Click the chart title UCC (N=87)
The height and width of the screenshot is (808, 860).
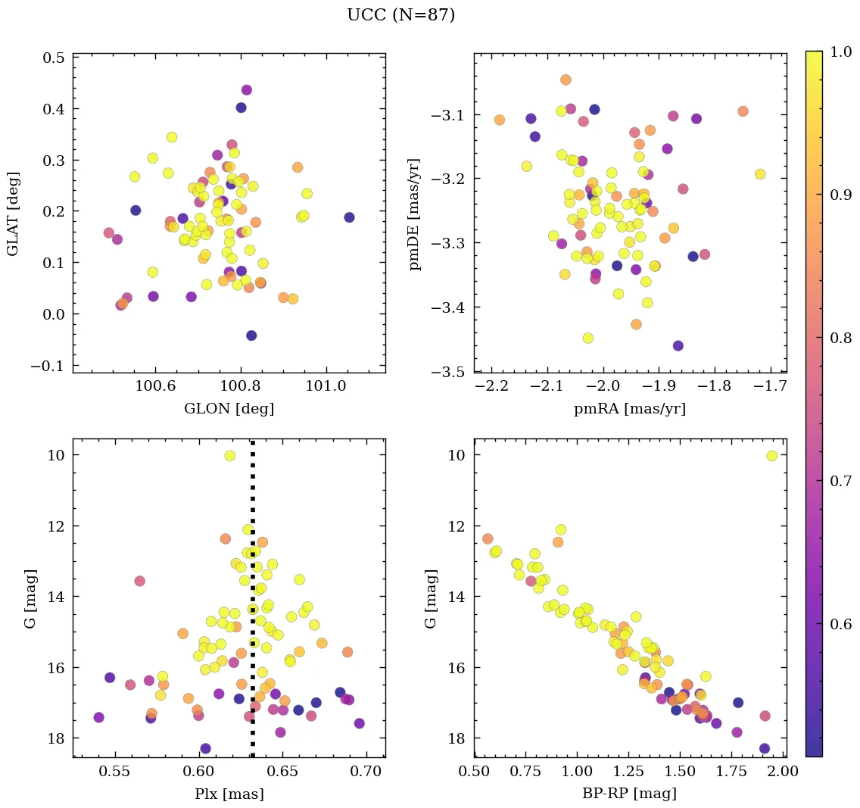pyautogui.click(x=400, y=15)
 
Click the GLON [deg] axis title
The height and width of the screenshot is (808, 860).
pyautogui.click(x=229, y=409)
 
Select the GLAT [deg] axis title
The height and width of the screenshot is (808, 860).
pyautogui.click(x=14, y=214)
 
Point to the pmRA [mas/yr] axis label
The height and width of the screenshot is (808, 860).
pyautogui.click(x=630, y=409)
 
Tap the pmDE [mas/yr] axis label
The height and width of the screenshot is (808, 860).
pyautogui.click(x=415, y=214)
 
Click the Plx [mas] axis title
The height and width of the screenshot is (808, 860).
pyautogui.click(x=229, y=794)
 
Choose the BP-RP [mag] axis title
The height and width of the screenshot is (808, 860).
pyautogui.click(x=630, y=794)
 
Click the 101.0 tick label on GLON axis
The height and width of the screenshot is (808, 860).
pyautogui.click(x=326, y=387)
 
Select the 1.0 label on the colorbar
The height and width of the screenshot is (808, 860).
pyautogui.click(x=840, y=51)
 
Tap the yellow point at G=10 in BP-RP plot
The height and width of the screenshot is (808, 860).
pyautogui.click(x=771, y=456)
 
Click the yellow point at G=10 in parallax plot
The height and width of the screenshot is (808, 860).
pyautogui.click(x=230, y=456)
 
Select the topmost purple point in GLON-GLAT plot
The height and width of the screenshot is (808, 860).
pyautogui.click(x=246, y=90)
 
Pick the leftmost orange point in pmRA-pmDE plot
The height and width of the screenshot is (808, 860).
pyautogui.click(x=500, y=120)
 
